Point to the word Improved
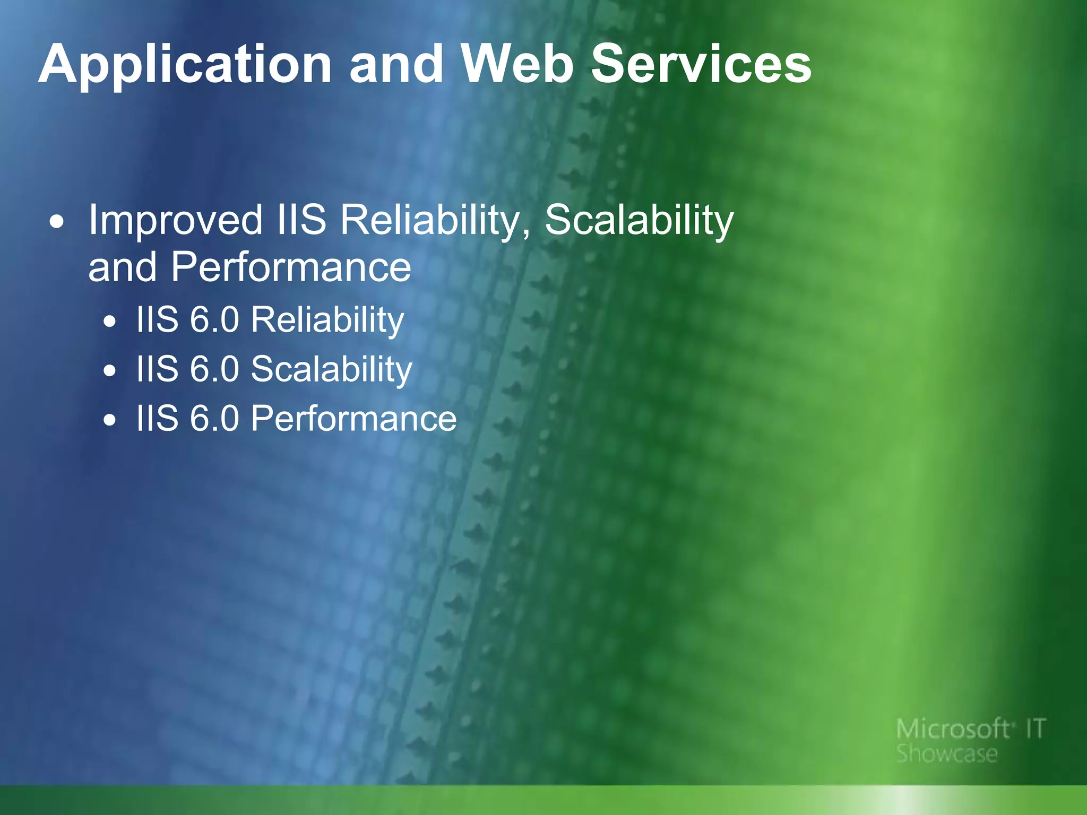[x=175, y=220]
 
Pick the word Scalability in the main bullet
[x=639, y=220]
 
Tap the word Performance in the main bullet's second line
[x=291, y=267]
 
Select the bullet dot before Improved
[x=57, y=222]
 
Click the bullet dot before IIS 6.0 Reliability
[x=110, y=322]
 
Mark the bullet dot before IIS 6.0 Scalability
[x=110, y=371]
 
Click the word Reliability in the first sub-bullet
[x=327, y=320]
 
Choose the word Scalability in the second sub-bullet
[x=331, y=369]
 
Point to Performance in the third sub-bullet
[x=353, y=419]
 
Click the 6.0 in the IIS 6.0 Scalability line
[x=214, y=369]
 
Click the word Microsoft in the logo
[x=953, y=729]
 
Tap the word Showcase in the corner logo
[x=947, y=753]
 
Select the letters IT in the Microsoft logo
[x=1036, y=729]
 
